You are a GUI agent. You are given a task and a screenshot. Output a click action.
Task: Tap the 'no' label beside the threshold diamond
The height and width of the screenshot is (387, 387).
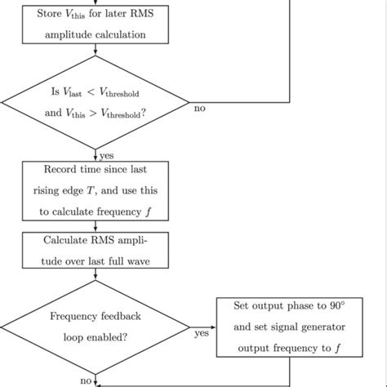pyautogui.click(x=199, y=109)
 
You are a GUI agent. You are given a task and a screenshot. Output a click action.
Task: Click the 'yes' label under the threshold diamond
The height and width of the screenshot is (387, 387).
pyautogui.click(x=106, y=154)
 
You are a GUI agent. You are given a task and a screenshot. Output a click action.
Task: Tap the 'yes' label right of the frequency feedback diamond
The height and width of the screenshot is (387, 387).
pyautogui.click(x=201, y=333)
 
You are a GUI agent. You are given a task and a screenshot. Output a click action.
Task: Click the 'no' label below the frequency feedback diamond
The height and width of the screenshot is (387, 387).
pyautogui.click(x=86, y=380)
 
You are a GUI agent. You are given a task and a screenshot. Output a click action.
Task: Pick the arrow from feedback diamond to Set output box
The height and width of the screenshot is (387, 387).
pyautogui.click(x=204, y=327)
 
